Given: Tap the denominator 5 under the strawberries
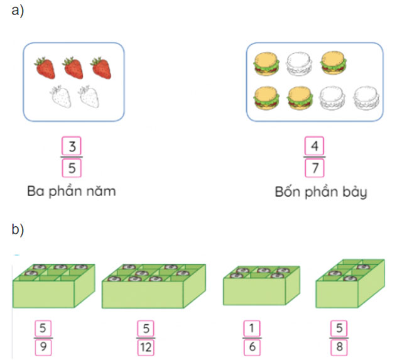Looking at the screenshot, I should click(x=72, y=167).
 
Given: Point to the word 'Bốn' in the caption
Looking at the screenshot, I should click(x=287, y=192).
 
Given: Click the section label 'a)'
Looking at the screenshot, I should click(x=18, y=13).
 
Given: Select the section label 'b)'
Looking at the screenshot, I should click(x=18, y=230).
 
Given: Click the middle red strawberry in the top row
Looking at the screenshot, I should click(x=72, y=67).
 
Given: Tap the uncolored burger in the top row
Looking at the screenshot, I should click(x=298, y=63).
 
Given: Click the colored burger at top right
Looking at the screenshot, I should click(x=333, y=63).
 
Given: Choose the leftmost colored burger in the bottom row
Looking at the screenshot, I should click(x=265, y=97).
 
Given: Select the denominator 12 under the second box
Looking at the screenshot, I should click(x=145, y=346).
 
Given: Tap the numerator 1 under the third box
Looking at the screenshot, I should click(x=251, y=328).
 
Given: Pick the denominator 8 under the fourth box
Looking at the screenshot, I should click(x=338, y=346).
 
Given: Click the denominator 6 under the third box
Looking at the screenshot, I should click(x=251, y=346).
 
